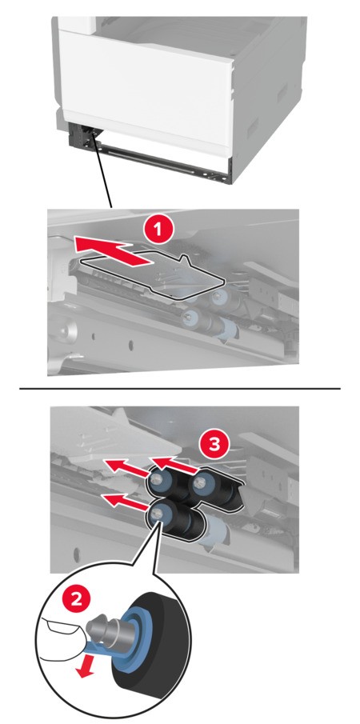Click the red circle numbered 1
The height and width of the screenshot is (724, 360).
[x=158, y=230]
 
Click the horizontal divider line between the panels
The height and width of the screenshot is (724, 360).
[x=179, y=389]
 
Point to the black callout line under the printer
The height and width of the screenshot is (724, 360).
[x=102, y=172]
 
